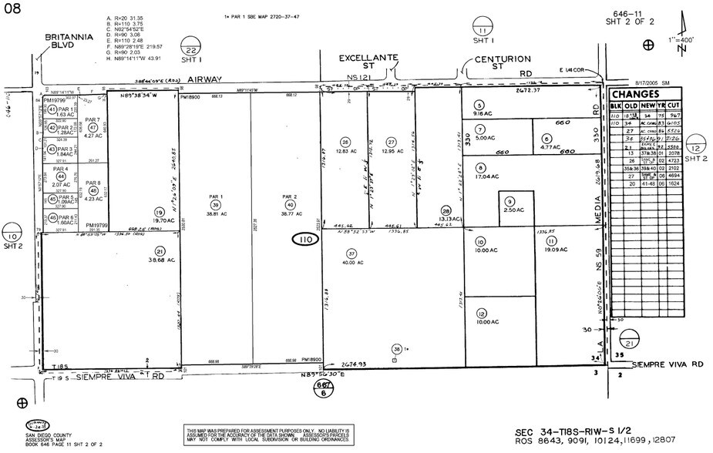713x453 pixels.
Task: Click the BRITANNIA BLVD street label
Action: [x=69, y=40]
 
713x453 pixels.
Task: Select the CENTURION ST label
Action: [x=502, y=62]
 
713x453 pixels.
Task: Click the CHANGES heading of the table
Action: [x=636, y=92]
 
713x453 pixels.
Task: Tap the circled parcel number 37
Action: [x=351, y=253]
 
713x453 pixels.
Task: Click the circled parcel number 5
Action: [x=479, y=105]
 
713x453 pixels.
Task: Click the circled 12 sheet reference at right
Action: [x=695, y=147]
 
